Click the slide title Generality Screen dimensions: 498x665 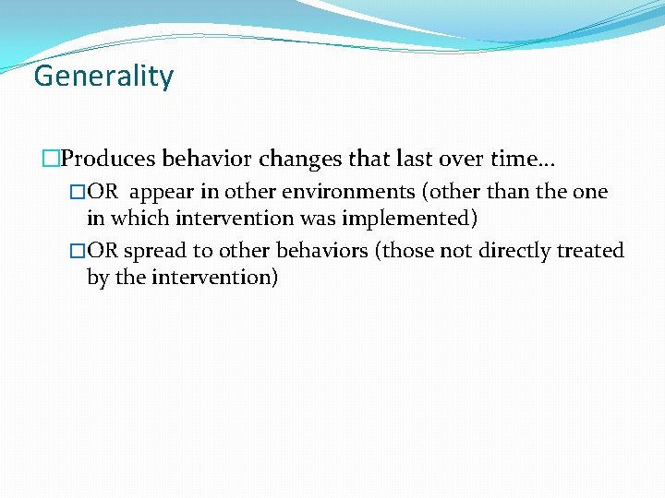pyautogui.click(x=103, y=76)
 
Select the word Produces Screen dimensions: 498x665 pyautogui.click(x=108, y=159)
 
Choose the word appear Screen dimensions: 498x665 pyautogui.click(x=162, y=193)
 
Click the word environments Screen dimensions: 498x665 pyautogui.click(x=336, y=192)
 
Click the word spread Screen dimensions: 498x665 pyautogui.click(x=154, y=251)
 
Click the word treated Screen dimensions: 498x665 pyautogui.click(x=592, y=251)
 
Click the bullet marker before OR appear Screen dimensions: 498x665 pyautogui.click(x=78, y=193)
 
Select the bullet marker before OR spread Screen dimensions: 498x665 pyautogui.click(x=78, y=252)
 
